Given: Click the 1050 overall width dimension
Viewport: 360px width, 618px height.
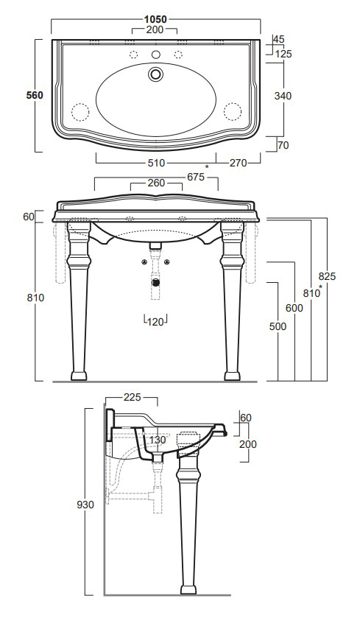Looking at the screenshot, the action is click(155, 19).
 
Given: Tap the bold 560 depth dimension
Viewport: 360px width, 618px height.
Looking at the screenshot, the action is click(35, 95).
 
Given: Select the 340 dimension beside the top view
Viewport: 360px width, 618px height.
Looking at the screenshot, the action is click(283, 96).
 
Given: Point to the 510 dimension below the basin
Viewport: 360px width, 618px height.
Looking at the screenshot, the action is click(156, 164).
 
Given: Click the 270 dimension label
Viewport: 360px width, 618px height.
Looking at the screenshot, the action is click(239, 164).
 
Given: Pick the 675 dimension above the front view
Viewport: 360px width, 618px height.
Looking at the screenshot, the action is click(196, 178).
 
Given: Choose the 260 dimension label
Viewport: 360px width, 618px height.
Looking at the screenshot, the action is click(156, 183).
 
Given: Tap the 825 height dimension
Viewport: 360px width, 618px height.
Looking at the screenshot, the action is click(327, 276).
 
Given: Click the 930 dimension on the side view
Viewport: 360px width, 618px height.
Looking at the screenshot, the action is click(85, 505).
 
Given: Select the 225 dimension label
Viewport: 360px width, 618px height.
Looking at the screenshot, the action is click(133, 397).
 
